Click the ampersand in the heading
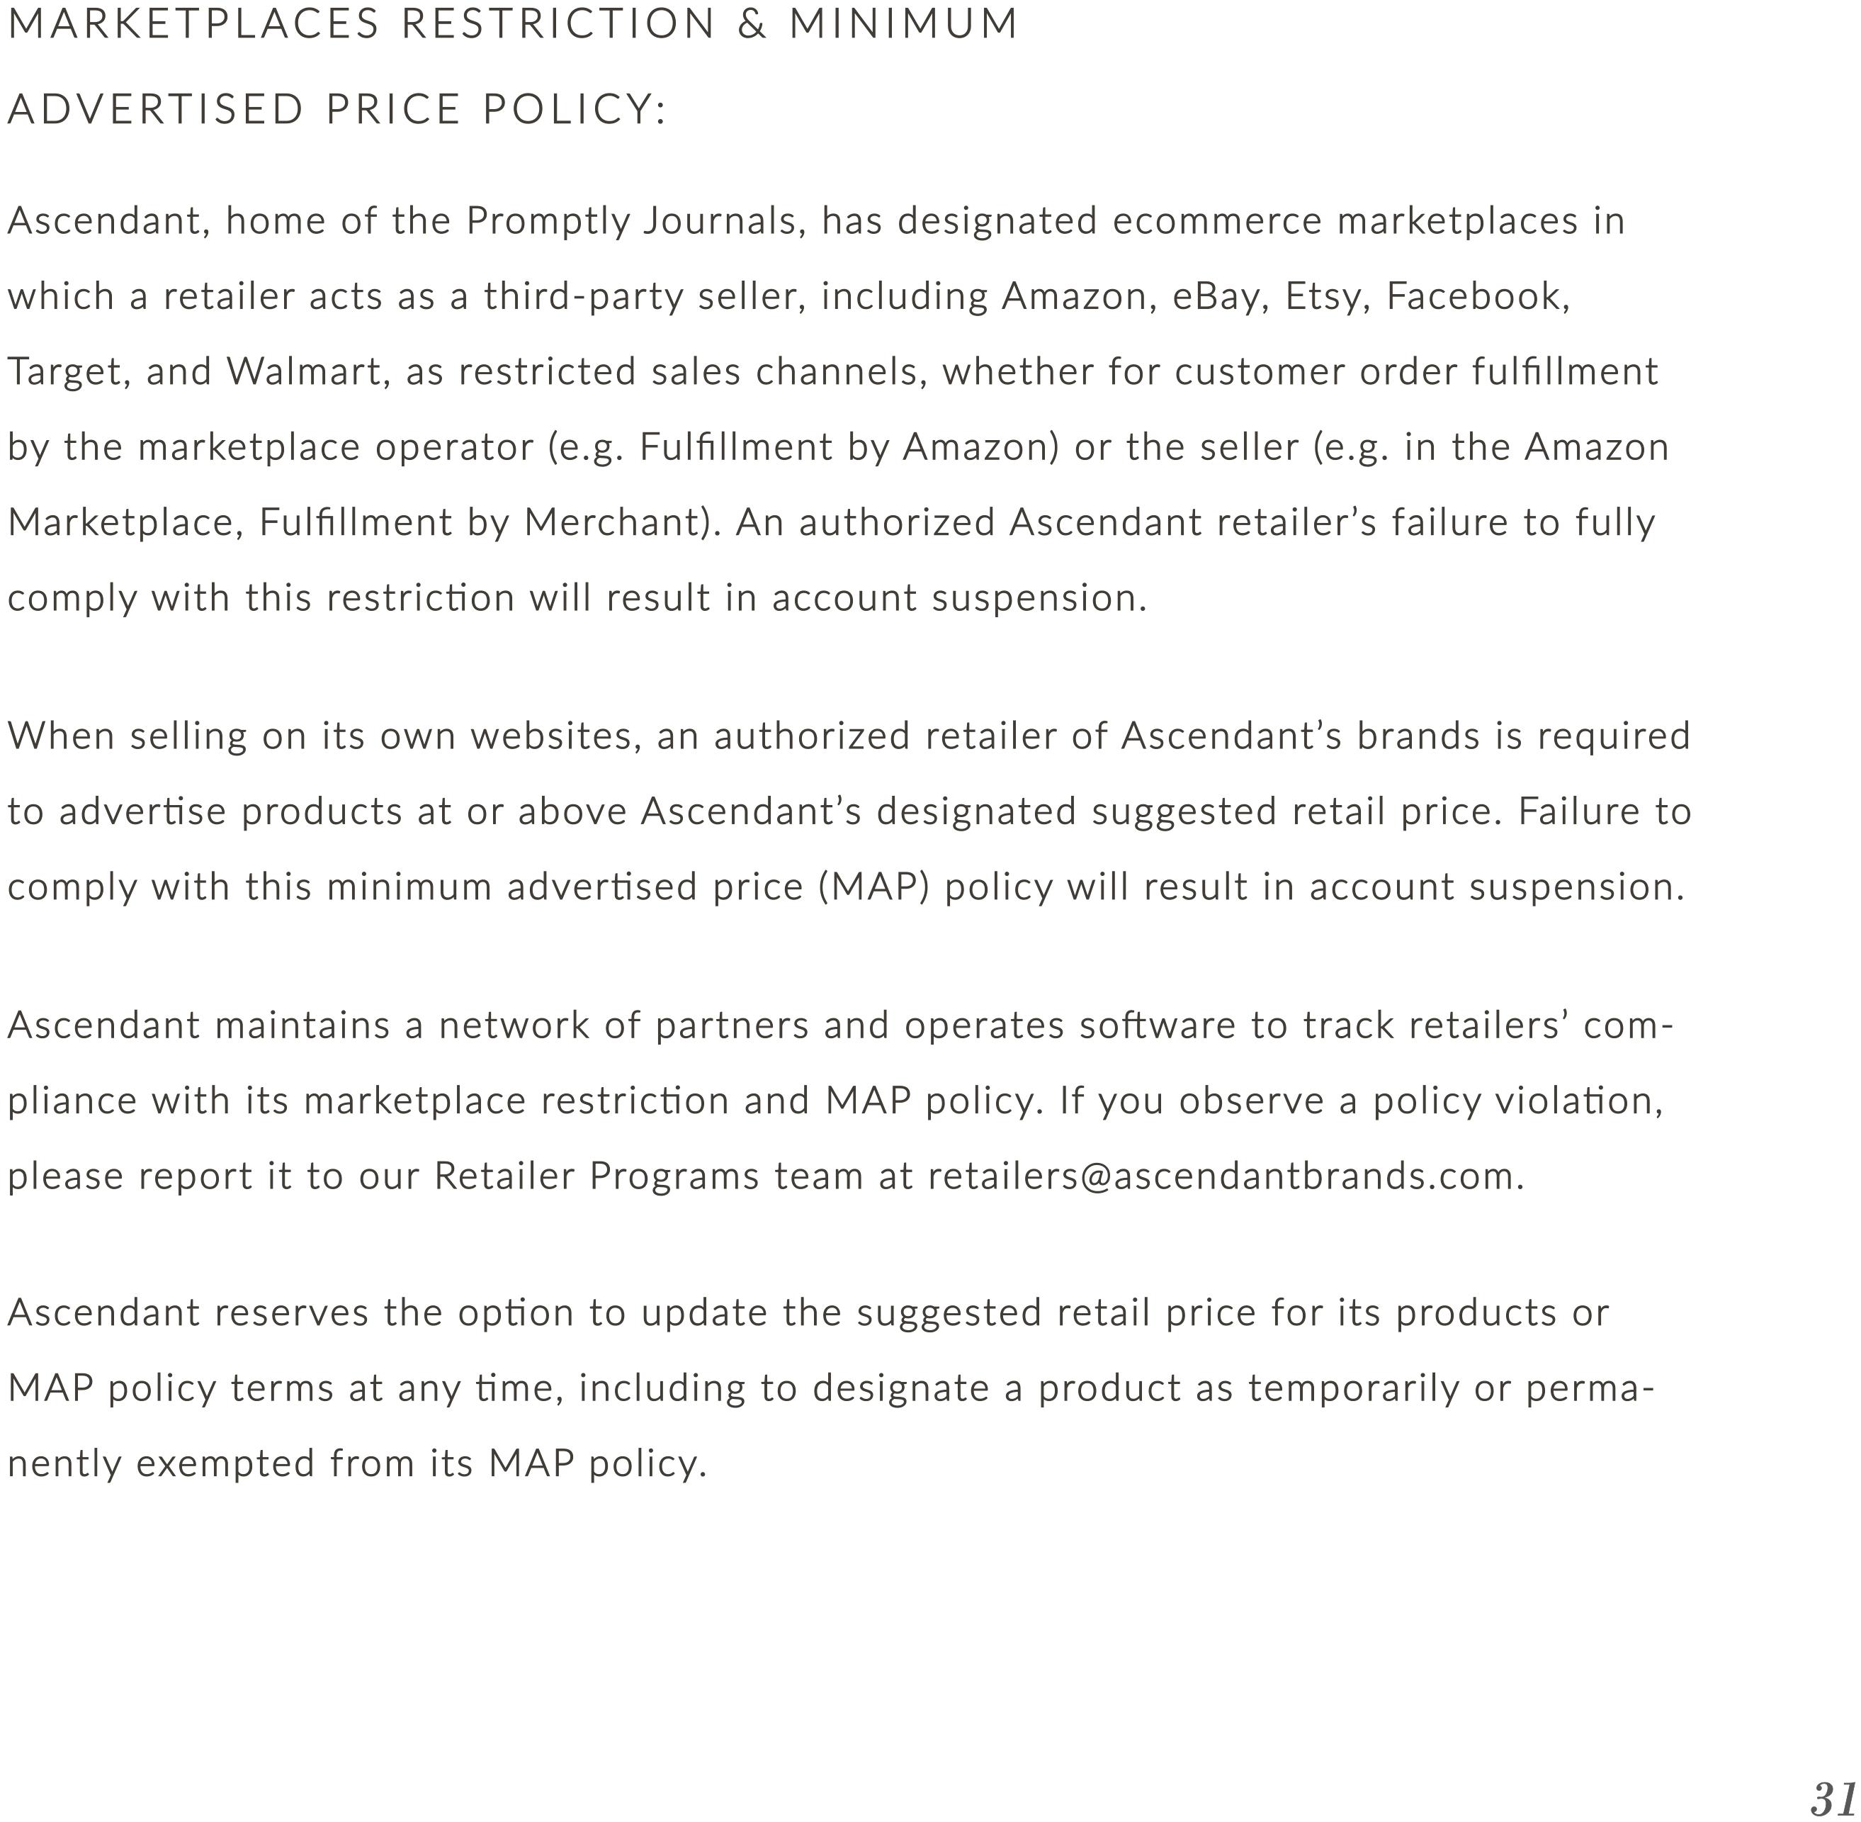click(752, 25)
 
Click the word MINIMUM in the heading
click(903, 25)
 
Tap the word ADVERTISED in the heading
click(156, 109)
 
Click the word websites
click(555, 736)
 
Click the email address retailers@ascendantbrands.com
click(1225, 1176)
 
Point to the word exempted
click(225, 1463)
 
